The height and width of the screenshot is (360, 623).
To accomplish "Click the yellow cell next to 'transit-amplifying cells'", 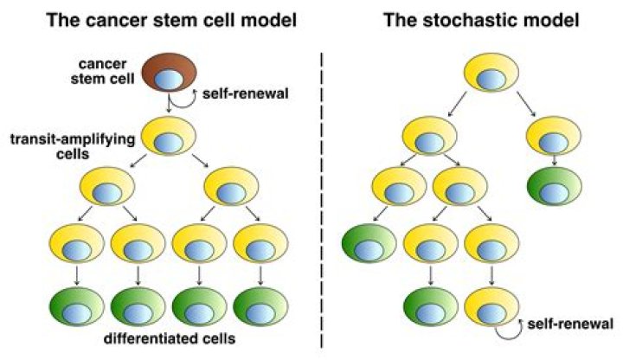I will [x=166, y=135].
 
